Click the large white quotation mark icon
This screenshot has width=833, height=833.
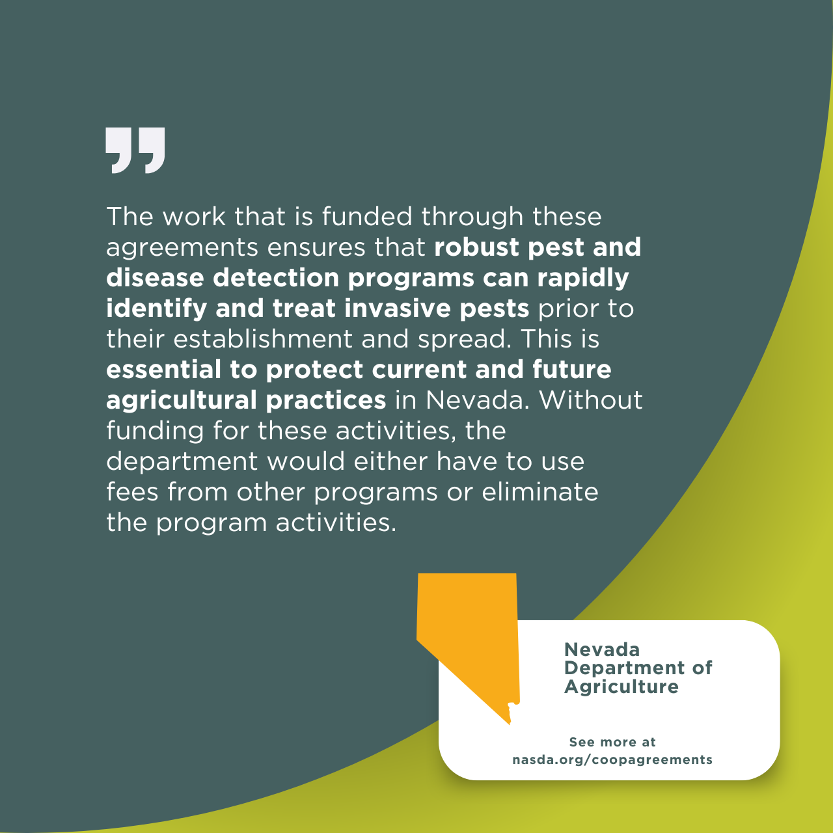tap(135, 150)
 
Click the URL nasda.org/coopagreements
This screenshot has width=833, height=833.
tap(612, 759)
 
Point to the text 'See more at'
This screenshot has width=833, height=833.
tap(612, 742)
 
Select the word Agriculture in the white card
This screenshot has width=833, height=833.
tap(621, 687)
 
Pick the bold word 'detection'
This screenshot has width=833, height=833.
tap(276, 277)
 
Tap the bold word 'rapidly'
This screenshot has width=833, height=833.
tap(583, 279)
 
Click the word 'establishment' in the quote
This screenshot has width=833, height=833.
tap(263, 339)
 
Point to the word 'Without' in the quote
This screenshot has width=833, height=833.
tap(590, 400)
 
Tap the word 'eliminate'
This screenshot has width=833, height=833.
tap(540, 492)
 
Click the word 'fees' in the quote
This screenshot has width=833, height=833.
tap(132, 492)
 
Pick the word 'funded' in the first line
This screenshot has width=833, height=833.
tap(367, 216)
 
